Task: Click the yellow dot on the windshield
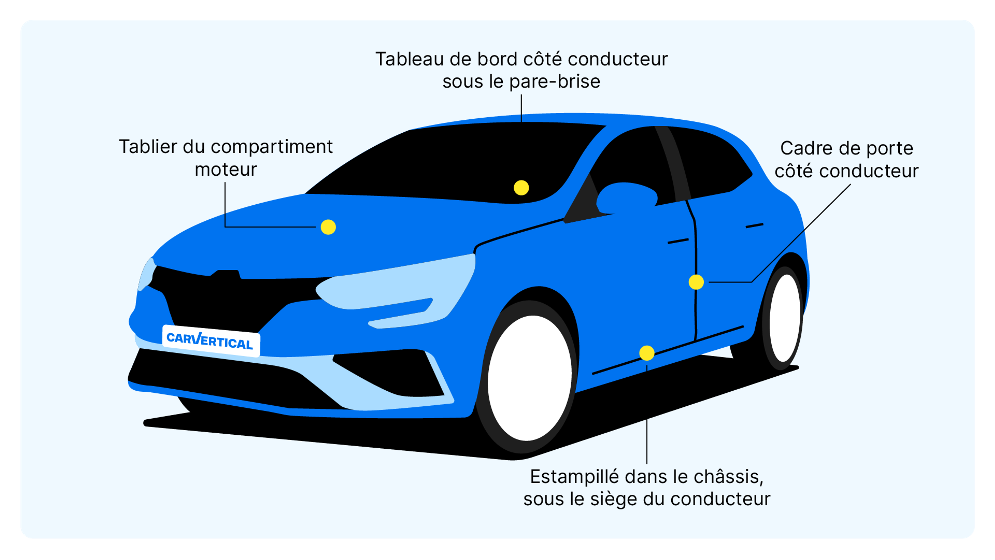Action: pos(521,188)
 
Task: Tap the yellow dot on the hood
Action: pos(328,227)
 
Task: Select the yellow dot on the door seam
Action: pos(696,282)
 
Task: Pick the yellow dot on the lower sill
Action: pos(646,353)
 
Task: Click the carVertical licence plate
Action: pos(210,341)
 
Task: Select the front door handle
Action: pos(678,241)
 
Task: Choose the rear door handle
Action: pos(754,225)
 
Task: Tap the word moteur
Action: pos(226,170)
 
